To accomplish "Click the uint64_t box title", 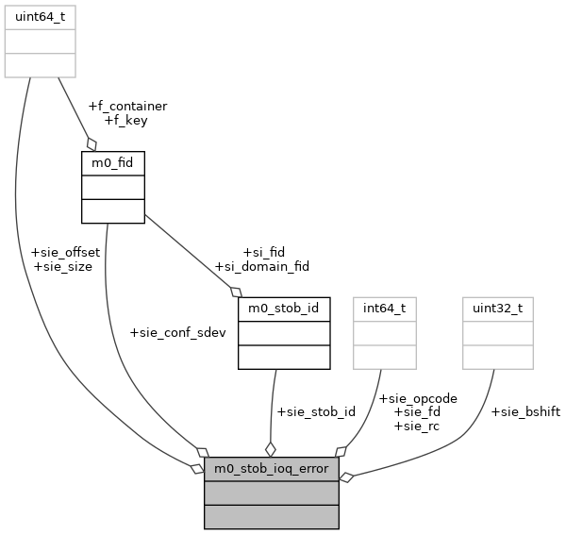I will pos(40,17).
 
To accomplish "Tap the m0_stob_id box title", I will pos(284,309).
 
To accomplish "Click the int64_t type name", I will pos(384,309).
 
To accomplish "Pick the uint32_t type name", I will pos(497,309).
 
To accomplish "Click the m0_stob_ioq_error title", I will pos(272,469).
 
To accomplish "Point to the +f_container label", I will pos(127,107).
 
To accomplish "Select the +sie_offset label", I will pos(65,253).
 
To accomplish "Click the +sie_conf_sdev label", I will pos(177,333).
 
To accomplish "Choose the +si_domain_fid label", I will pos(262,267).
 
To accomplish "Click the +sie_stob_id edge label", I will pos(315,412).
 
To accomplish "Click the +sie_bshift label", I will pos(525,412).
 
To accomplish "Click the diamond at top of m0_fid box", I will pos(92,143).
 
